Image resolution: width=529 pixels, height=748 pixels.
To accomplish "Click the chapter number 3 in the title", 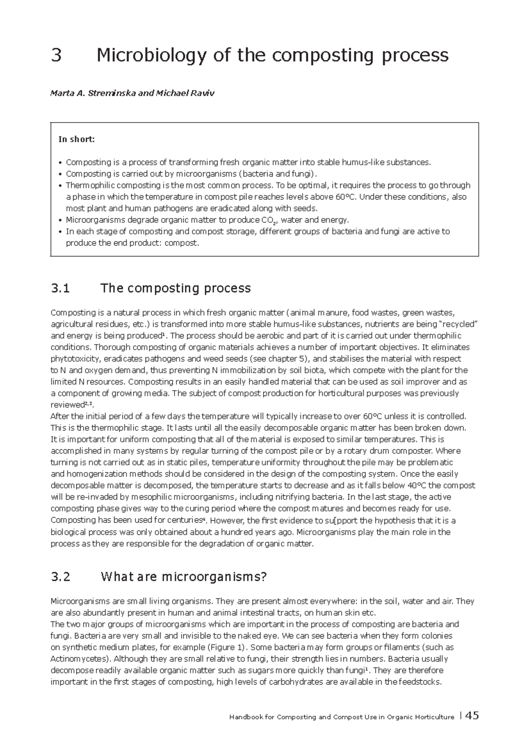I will [x=56, y=56].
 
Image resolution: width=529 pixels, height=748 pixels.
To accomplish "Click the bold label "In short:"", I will [x=77, y=139].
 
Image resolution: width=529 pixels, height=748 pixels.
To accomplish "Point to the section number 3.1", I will [x=60, y=288].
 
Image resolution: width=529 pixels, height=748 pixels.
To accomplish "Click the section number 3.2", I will [x=60, y=577].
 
